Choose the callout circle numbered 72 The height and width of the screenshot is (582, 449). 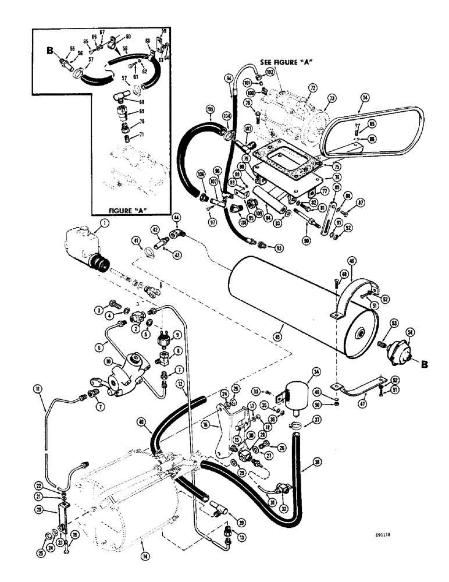pos(312,87)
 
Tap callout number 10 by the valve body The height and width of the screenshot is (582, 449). pos(108,361)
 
